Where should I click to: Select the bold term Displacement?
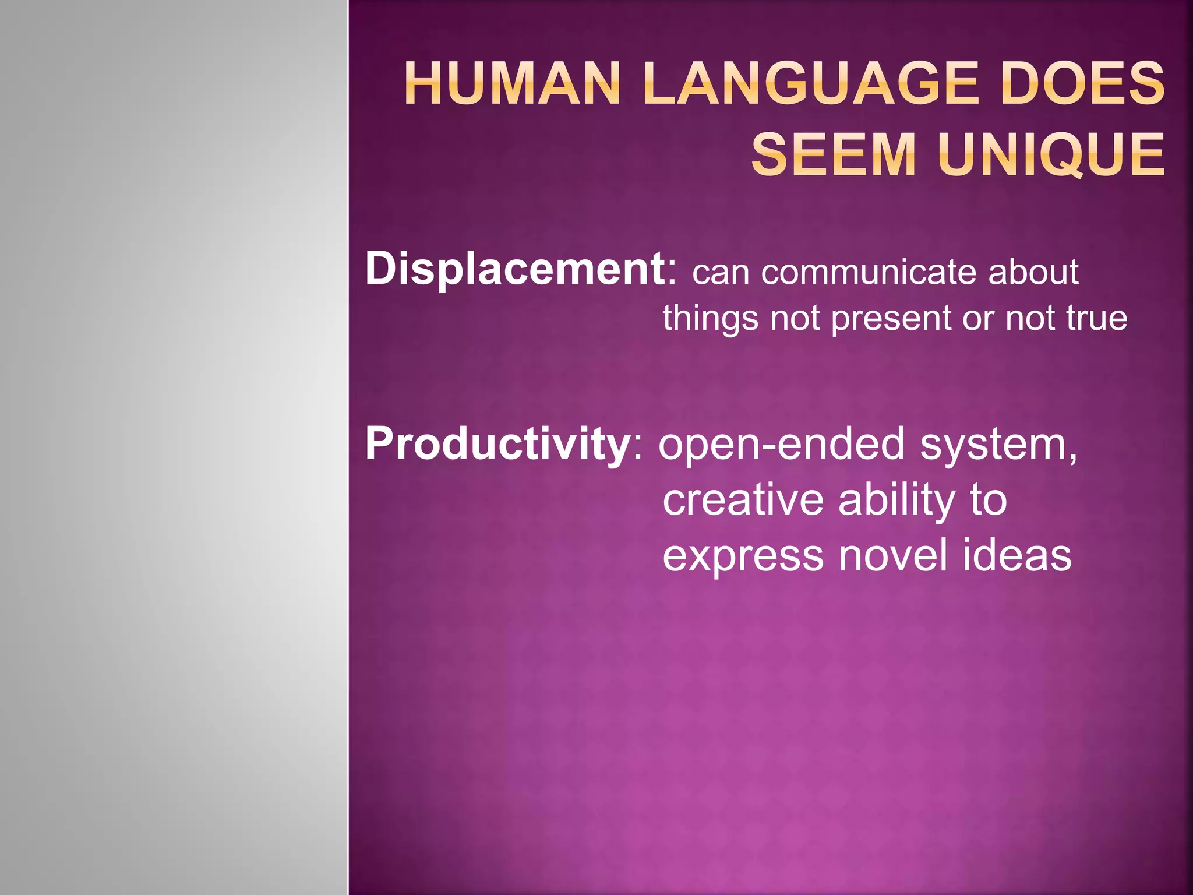(515, 269)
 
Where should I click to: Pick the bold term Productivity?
(496, 444)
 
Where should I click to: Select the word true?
(1096, 318)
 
